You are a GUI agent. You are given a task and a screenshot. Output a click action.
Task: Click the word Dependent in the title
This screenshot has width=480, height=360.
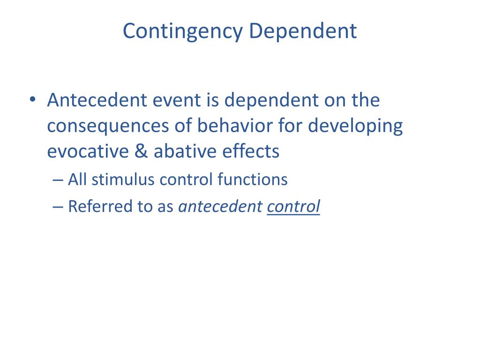click(x=303, y=31)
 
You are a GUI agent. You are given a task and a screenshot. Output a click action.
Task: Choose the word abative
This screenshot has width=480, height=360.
click(x=185, y=151)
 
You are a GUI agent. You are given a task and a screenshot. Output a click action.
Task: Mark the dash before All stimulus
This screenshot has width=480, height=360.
click(x=58, y=180)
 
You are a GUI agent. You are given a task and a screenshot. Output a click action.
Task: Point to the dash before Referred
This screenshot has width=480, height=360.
click(x=58, y=206)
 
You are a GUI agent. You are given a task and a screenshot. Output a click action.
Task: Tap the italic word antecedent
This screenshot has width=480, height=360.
click(x=220, y=206)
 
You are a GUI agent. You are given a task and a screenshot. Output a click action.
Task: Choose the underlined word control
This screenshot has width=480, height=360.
click(x=293, y=206)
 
